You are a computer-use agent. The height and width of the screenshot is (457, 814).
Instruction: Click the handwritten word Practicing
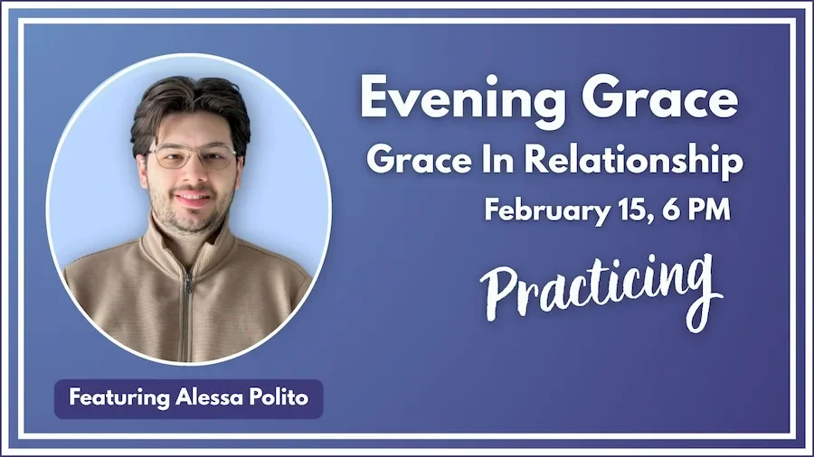point(601,284)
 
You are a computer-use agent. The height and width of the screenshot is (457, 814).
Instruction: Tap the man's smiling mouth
point(193,197)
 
